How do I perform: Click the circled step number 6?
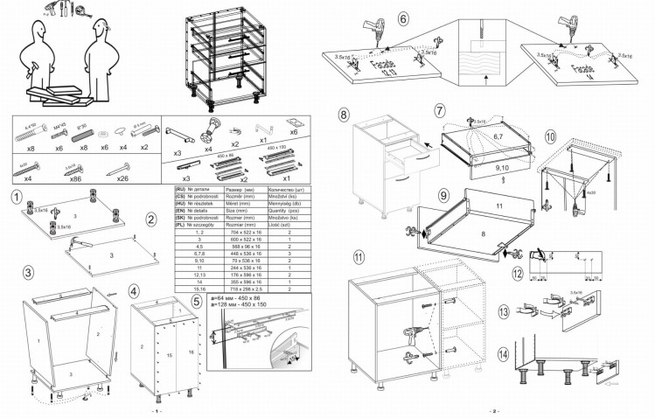pyautogui.click(x=403, y=17)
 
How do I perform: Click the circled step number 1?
pyautogui.click(x=16, y=199)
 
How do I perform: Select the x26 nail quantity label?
pyautogui.click(x=122, y=178)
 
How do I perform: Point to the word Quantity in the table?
pyautogui.click(x=283, y=211)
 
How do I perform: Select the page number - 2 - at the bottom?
pyautogui.click(x=492, y=411)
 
